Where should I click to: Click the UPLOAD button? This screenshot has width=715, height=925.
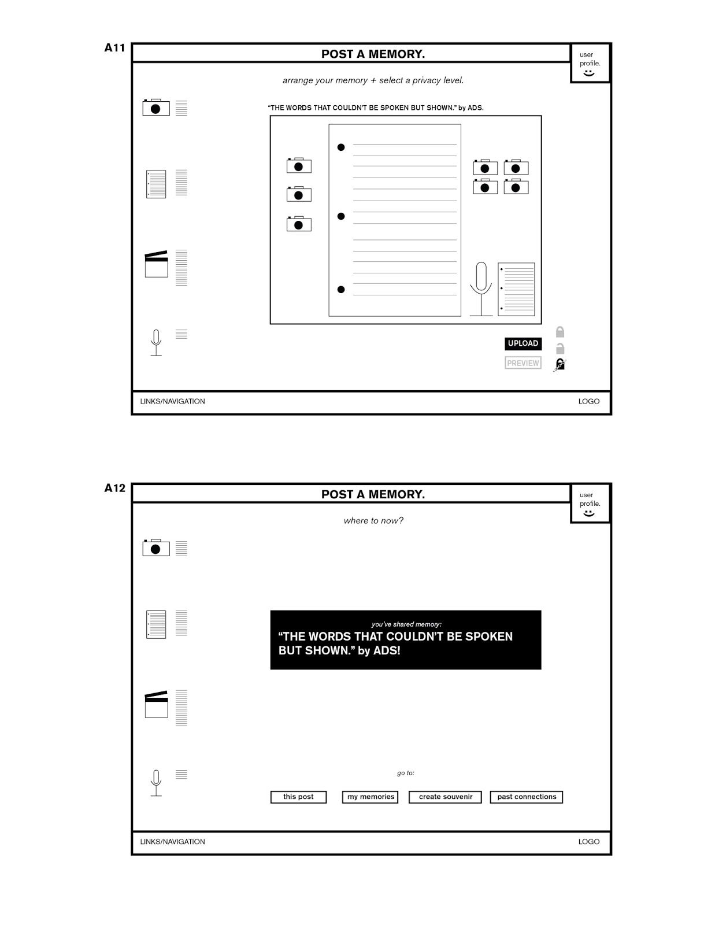click(x=523, y=343)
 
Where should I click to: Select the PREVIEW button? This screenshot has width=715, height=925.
click(x=523, y=363)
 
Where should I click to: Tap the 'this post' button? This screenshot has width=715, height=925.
click(x=298, y=797)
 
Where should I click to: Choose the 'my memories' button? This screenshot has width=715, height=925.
click(x=371, y=797)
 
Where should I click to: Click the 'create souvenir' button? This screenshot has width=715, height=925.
click(x=445, y=797)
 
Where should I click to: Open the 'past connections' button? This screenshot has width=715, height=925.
click(x=527, y=797)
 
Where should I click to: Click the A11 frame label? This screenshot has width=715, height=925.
click(x=114, y=48)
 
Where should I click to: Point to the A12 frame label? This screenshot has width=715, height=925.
click(x=114, y=488)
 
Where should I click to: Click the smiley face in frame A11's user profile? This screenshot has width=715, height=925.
click(x=589, y=73)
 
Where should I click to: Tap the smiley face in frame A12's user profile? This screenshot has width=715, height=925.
click(x=589, y=513)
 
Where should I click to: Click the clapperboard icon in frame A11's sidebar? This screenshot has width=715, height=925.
click(x=156, y=264)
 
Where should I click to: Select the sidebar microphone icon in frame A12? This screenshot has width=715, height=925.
click(x=156, y=783)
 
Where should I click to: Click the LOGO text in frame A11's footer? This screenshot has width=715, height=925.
click(x=588, y=401)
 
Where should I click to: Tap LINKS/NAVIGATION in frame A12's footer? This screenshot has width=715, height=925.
click(x=172, y=842)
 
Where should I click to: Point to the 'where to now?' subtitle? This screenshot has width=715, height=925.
click(x=373, y=520)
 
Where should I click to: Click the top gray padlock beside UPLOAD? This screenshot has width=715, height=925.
click(x=560, y=332)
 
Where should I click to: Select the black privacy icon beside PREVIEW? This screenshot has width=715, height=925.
click(x=560, y=364)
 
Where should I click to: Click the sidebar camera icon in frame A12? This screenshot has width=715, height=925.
click(x=156, y=547)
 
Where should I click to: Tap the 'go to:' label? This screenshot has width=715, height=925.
click(x=406, y=773)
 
